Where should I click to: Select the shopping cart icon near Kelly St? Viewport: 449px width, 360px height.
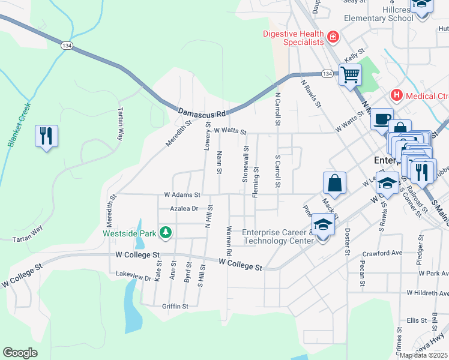350,76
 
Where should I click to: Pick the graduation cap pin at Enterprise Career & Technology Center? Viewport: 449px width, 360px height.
323,226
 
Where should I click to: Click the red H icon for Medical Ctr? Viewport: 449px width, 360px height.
396,95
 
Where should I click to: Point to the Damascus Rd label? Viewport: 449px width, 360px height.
201,112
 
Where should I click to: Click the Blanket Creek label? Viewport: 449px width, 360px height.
19,126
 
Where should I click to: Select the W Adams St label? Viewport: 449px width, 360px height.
182,194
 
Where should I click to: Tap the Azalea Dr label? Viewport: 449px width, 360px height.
184,208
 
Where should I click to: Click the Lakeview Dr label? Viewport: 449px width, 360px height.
133,277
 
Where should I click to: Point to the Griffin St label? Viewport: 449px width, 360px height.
175,306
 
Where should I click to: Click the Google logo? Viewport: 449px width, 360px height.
20,353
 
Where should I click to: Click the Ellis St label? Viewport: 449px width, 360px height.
415,320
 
